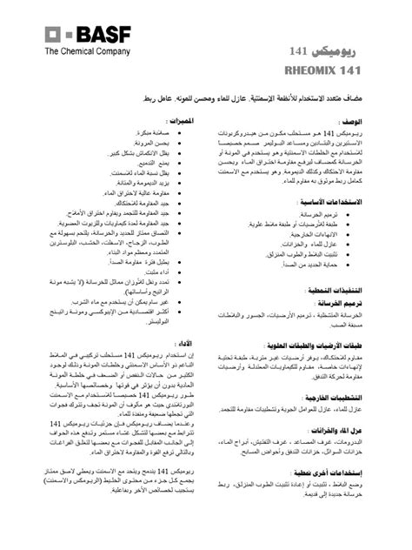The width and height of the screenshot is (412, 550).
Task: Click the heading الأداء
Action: click(183, 344)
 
